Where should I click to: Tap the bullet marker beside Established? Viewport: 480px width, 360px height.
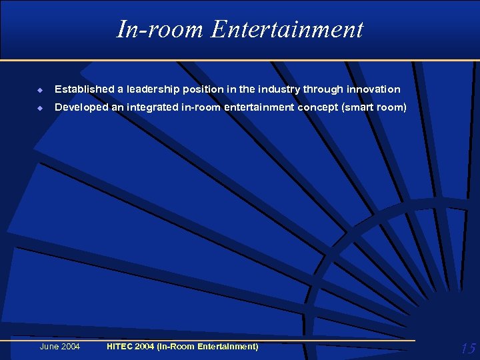(41, 89)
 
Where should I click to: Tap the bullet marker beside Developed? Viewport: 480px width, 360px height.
(41, 107)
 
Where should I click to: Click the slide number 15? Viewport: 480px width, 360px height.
(467, 348)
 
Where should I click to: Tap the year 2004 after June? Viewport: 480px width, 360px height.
(70, 347)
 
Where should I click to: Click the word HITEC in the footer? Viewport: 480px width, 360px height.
(120, 347)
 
